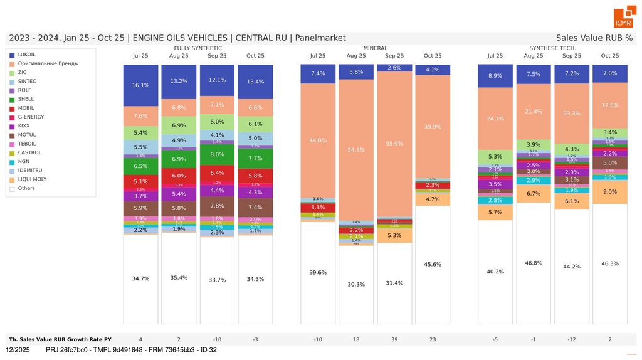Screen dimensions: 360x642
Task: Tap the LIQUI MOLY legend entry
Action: [31, 179]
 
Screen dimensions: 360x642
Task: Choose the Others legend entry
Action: [27, 188]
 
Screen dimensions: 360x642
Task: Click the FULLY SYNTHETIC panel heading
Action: [197, 48]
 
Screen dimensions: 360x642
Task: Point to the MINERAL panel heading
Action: [375, 48]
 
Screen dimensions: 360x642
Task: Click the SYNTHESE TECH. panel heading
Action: [552, 48]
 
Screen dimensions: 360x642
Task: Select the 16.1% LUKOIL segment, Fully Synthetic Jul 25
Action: [140, 85]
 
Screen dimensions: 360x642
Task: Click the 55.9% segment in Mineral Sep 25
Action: [394, 143]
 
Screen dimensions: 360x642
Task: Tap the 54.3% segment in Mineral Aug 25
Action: [356, 150]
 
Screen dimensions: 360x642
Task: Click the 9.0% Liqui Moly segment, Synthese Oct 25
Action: [610, 192]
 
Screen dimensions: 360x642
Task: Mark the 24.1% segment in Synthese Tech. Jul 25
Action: [495, 119]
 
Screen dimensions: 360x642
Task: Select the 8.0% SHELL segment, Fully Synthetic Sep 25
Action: [217, 154]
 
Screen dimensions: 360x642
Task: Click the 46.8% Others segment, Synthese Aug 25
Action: [534, 263]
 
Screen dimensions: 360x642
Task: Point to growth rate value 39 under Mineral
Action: [394, 339]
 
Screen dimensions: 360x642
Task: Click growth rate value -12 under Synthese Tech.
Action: [572, 339]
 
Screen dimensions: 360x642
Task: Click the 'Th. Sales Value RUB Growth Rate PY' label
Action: [61, 339]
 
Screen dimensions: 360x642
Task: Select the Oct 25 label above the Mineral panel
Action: [433, 56]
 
